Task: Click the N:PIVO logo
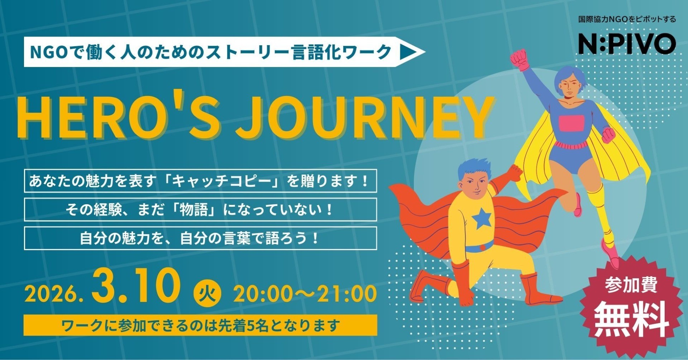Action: (627, 43)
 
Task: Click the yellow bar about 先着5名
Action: (200, 325)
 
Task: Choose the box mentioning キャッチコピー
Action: (200, 181)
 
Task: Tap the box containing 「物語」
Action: (200, 210)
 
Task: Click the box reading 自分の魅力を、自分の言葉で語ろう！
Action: (200, 238)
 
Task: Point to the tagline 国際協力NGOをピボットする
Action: (627, 19)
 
